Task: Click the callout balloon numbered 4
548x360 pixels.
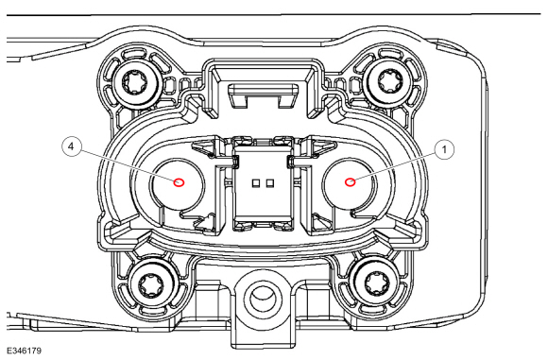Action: tap(71, 146)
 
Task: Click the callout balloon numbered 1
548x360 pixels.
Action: tap(445, 150)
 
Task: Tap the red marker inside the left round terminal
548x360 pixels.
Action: tap(180, 182)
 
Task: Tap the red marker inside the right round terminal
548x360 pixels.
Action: tap(351, 182)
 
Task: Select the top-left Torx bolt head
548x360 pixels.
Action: tap(136, 83)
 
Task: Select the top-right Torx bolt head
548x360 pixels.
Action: tap(386, 80)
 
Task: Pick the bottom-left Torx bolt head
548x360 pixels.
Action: tap(151, 285)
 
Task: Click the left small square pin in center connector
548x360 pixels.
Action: tap(256, 182)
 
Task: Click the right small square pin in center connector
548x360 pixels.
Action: tap(270, 182)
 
